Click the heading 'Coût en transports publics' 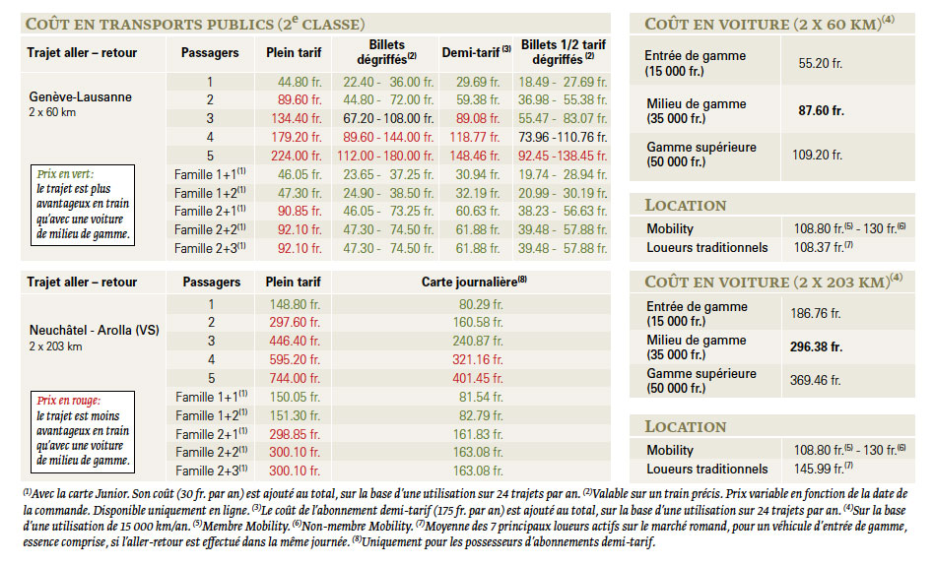tap(150, 25)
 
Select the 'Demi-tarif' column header tap(471, 52)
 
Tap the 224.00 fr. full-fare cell tap(296, 156)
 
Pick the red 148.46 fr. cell tap(474, 156)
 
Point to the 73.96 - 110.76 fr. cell tap(563, 138)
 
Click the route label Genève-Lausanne tap(81, 97)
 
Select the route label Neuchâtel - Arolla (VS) tap(95, 330)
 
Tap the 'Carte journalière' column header tap(469, 282)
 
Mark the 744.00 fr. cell tap(295, 379)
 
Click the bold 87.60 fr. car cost tap(821, 111)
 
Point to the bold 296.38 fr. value tap(816, 347)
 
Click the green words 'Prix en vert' tap(65, 174)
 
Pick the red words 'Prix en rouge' tap(69, 401)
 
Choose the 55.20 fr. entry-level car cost tap(821, 64)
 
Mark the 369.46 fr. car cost tap(816, 380)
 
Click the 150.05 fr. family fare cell tap(295, 397)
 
